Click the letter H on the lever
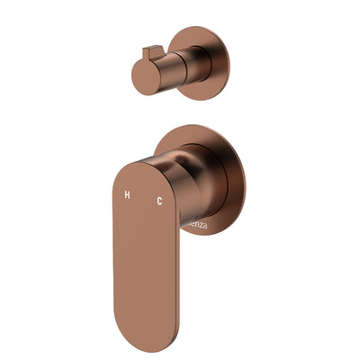pos(127,195)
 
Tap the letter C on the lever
pos(159,200)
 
